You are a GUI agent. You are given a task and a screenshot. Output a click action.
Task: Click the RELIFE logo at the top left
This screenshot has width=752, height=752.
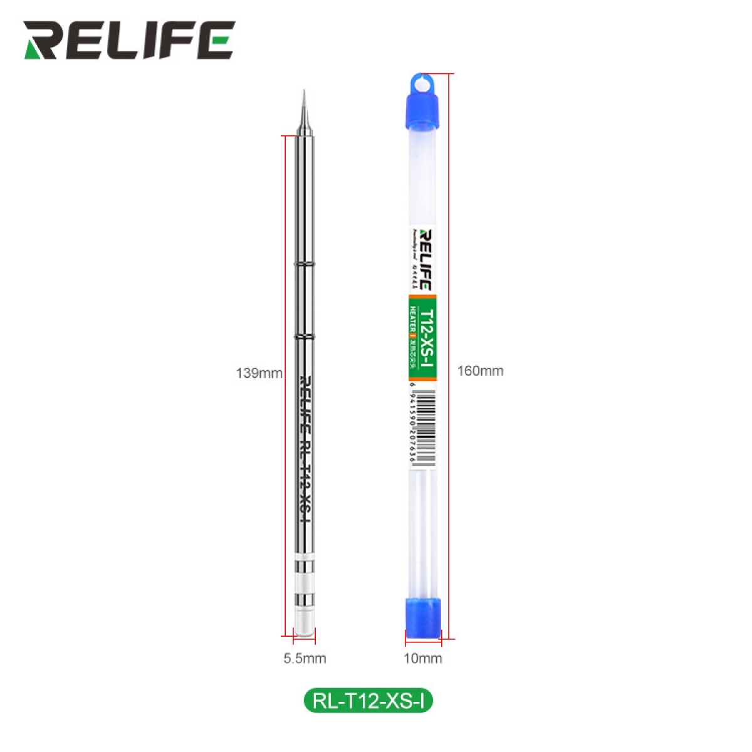point(129,41)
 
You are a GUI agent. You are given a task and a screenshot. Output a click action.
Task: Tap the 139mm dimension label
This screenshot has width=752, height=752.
point(259,373)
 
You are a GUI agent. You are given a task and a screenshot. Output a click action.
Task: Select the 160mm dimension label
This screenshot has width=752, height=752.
point(480,371)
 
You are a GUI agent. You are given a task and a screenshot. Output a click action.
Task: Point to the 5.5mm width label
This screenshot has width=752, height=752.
point(305,658)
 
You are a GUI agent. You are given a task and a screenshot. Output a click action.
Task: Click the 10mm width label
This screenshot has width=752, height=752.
point(422,658)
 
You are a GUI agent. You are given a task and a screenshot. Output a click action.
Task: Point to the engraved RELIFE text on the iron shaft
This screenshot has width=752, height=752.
point(305,401)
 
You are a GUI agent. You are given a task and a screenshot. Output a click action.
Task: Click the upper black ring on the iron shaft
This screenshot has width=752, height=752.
point(305,264)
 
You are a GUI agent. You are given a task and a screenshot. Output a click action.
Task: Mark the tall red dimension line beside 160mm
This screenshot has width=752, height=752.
point(450,357)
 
